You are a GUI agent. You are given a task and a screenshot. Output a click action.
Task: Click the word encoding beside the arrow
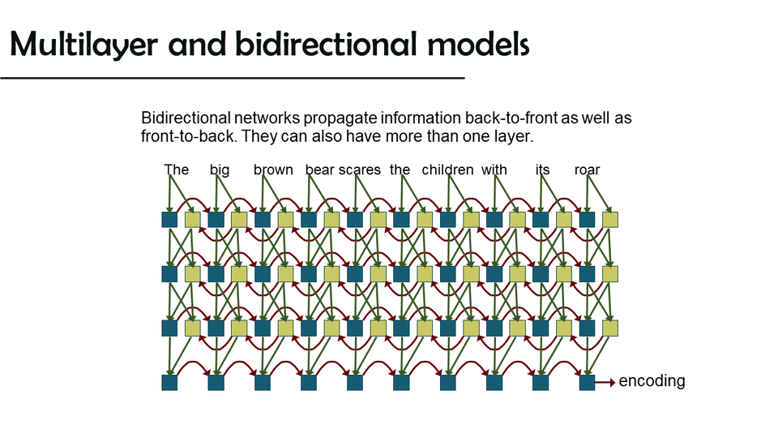pos(652,381)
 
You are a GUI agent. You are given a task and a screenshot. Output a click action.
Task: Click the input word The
pos(176,170)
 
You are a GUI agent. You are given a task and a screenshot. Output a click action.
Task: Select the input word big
pos(220,170)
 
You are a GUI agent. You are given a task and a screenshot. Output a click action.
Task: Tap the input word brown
pos(273,170)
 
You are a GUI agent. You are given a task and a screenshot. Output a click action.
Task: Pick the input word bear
pos(320,170)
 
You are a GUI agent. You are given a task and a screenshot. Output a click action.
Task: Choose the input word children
pos(447,170)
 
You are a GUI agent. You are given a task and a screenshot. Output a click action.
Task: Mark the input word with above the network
pos(494,170)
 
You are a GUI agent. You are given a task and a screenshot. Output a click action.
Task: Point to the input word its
pos(542,170)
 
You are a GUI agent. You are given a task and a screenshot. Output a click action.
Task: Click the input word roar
pos(587,170)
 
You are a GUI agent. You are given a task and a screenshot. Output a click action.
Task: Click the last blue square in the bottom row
pos(587,382)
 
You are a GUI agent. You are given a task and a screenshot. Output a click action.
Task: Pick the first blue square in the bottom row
pos(169,382)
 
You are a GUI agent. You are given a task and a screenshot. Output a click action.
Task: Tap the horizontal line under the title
pos(232,78)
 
